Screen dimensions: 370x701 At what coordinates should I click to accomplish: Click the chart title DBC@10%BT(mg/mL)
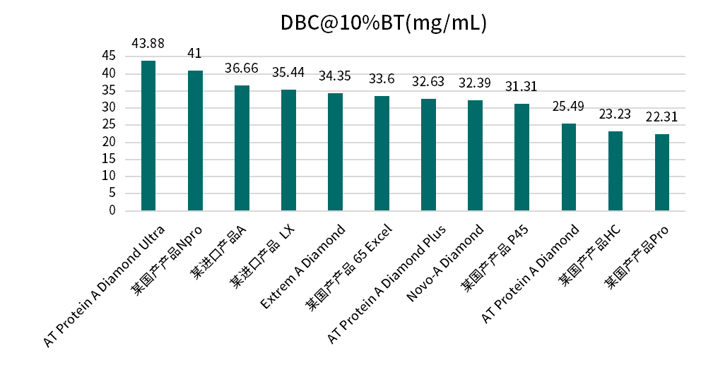pyautogui.click(x=384, y=23)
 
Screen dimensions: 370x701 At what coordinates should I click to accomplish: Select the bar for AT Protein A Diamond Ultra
pyautogui.click(x=148, y=136)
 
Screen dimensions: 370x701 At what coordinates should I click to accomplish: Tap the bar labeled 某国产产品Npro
pyautogui.click(x=195, y=141)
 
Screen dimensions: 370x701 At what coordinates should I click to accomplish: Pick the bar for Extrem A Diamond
pyautogui.click(x=335, y=152)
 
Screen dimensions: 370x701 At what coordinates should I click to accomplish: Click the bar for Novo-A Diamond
pyautogui.click(x=475, y=155)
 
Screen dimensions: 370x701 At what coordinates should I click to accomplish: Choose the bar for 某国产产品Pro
pyautogui.click(x=661, y=172)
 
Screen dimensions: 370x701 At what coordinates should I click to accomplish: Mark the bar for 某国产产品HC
pyautogui.click(x=615, y=171)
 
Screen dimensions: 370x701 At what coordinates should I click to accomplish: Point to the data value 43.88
pyautogui.click(x=148, y=44)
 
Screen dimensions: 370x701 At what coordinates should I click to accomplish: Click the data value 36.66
pyautogui.click(x=242, y=68)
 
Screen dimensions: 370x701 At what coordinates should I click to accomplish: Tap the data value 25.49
pyautogui.click(x=568, y=107)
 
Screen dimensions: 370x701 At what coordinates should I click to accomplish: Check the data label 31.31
pyautogui.click(x=522, y=87)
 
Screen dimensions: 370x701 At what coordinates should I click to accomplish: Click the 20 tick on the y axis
pyautogui.click(x=109, y=142)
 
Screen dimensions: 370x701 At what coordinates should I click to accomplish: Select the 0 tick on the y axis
pyautogui.click(x=112, y=210)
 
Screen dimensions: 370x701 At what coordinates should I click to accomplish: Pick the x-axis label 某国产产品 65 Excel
pyautogui.click(x=348, y=267)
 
